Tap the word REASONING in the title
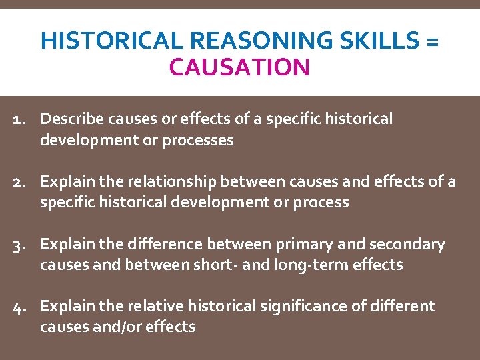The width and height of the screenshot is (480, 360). (x=242, y=41)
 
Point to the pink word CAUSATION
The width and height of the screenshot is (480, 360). (x=240, y=67)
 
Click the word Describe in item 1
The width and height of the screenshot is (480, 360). (x=70, y=119)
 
